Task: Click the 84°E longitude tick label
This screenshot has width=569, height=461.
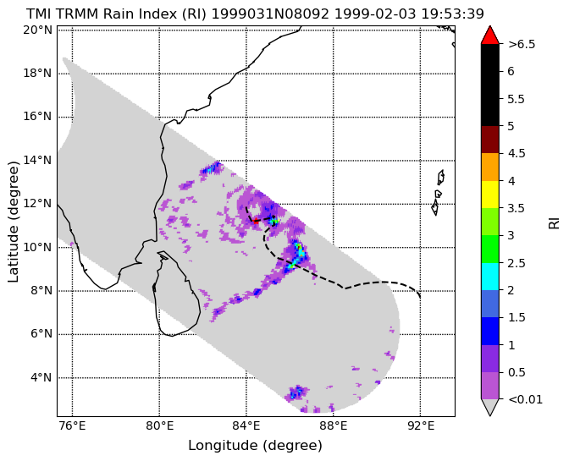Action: pos(246,425)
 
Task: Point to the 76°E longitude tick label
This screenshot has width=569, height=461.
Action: pos(73,425)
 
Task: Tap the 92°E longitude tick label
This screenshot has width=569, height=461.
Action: pos(421,425)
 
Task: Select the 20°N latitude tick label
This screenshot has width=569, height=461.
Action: pos(38,30)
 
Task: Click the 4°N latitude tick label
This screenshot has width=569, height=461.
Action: pos(41,377)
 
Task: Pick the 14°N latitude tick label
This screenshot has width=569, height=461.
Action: pos(38,160)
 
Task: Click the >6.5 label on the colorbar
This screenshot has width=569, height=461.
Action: pos(522,44)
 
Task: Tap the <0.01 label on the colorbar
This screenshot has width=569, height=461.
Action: pos(526,399)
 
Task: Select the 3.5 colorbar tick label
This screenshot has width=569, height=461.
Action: pos(516,208)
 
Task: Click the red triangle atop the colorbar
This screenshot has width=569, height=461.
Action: pos(490,36)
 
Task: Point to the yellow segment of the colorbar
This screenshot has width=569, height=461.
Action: pos(490,195)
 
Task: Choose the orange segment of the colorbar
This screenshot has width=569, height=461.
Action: pos(490,167)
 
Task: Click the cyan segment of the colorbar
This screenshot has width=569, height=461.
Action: pos(490,277)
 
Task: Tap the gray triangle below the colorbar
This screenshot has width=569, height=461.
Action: pos(490,406)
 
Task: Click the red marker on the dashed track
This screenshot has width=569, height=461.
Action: pos(256,221)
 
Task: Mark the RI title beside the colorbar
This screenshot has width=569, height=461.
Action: pos(554,223)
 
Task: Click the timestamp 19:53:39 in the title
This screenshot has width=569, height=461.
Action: pos(452,14)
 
